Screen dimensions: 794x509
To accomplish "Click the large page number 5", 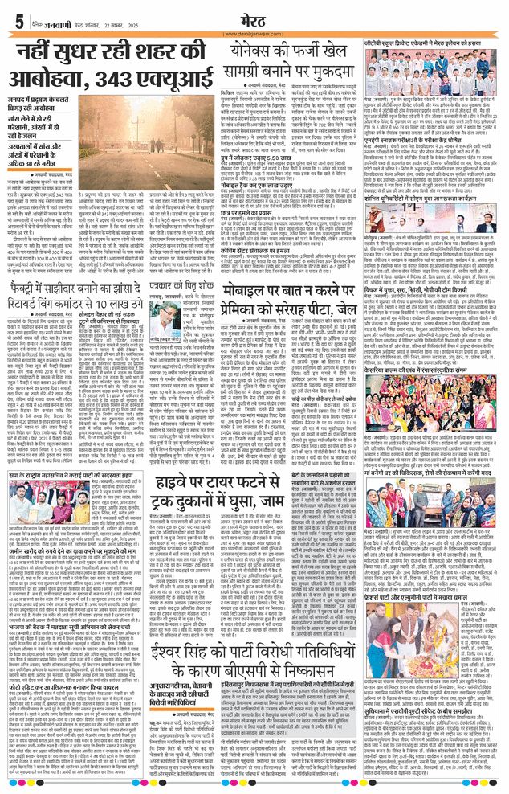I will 18,21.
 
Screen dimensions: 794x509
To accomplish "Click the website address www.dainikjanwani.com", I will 254,33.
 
